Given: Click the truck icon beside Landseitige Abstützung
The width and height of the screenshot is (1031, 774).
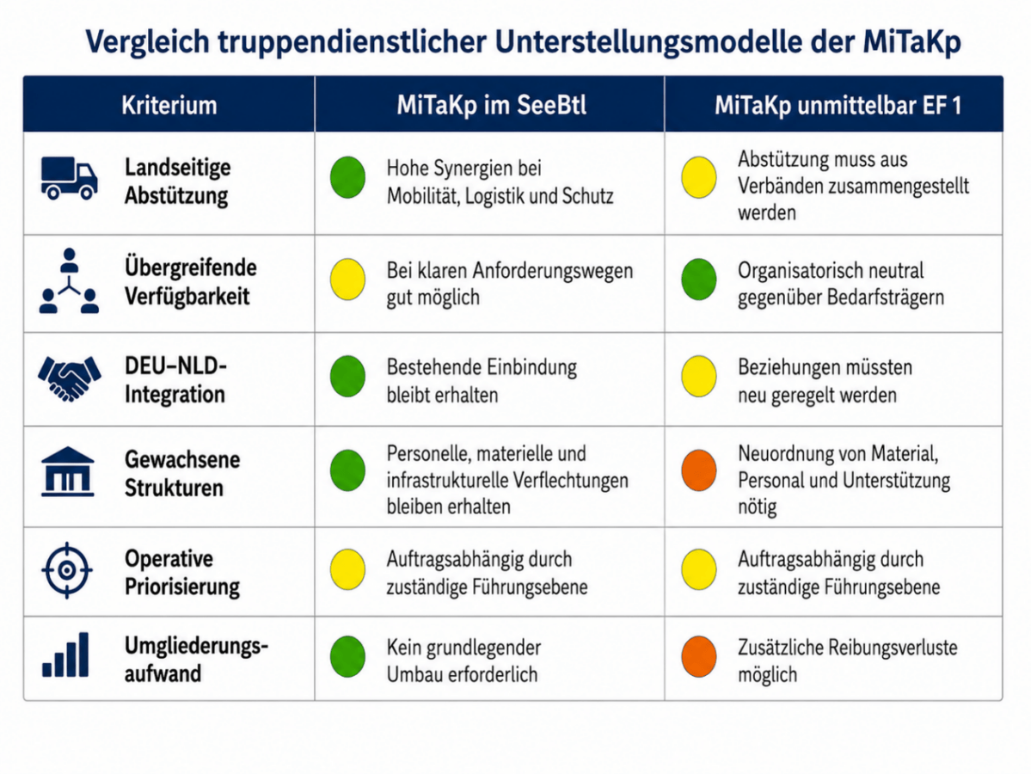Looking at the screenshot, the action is pos(69,177).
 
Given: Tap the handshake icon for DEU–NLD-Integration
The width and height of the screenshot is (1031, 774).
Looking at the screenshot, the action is pos(69,378).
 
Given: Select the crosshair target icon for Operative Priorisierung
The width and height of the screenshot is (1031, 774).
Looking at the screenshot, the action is pos(67,570).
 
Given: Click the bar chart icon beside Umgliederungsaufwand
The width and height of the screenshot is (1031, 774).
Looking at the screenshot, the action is pos(65,655).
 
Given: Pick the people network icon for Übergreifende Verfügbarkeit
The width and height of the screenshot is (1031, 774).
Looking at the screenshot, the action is pos(69,281).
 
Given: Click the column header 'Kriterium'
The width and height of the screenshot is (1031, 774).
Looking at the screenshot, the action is pos(169,105).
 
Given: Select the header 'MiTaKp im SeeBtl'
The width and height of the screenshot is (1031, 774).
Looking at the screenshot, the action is pos(491,105).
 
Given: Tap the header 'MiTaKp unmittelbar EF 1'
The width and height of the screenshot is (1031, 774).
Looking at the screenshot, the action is pos(838,105).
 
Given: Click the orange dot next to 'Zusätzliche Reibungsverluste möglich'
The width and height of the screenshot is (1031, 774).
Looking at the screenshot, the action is pos(699,656).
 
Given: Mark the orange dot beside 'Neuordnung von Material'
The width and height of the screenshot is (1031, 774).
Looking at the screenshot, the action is pos(699,470).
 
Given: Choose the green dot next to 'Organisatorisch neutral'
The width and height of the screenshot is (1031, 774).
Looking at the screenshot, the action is pos(699,279).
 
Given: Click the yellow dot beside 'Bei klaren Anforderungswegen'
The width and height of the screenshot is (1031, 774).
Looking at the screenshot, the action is pos(348,279).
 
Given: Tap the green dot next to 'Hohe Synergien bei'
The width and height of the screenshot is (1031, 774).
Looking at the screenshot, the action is pos(348,177).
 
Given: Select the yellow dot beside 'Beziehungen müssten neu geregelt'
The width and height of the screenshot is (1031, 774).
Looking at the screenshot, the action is pos(699,376).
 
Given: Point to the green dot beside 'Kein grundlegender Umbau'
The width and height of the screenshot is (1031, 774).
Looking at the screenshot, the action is pos(348,656).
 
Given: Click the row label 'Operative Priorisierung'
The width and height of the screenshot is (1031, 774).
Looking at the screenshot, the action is pos(182,572).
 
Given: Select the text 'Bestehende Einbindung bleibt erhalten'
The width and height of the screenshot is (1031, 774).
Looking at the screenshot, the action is pos(482,381).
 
